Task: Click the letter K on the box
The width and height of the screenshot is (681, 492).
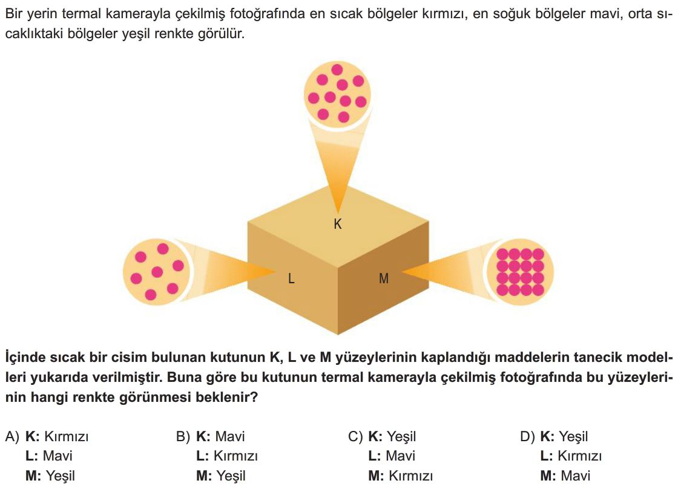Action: tap(338, 224)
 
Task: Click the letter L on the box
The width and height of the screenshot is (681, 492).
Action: tap(291, 278)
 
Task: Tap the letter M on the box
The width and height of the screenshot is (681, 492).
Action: tap(384, 278)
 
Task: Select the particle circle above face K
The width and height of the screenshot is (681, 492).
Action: tap(337, 93)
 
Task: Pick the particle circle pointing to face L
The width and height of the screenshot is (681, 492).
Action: tap(156, 272)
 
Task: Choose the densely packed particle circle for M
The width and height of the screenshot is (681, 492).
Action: tap(520, 272)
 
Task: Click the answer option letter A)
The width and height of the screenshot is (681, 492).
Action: tap(12, 436)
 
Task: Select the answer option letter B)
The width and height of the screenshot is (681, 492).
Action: tap(183, 436)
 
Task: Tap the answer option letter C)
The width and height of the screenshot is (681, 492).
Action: tap(355, 436)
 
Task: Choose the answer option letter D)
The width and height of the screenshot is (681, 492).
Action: tap(527, 436)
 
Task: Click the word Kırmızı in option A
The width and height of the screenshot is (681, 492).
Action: tap(67, 436)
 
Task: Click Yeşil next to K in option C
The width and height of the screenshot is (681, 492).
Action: tap(401, 436)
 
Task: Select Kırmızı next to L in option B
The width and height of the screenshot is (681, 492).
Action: tap(236, 456)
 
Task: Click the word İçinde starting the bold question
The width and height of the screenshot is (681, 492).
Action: tap(25, 357)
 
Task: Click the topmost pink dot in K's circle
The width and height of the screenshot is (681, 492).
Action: tap(337, 70)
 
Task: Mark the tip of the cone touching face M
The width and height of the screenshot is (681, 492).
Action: tap(402, 271)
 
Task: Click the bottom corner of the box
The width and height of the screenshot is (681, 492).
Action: tap(338, 335)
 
